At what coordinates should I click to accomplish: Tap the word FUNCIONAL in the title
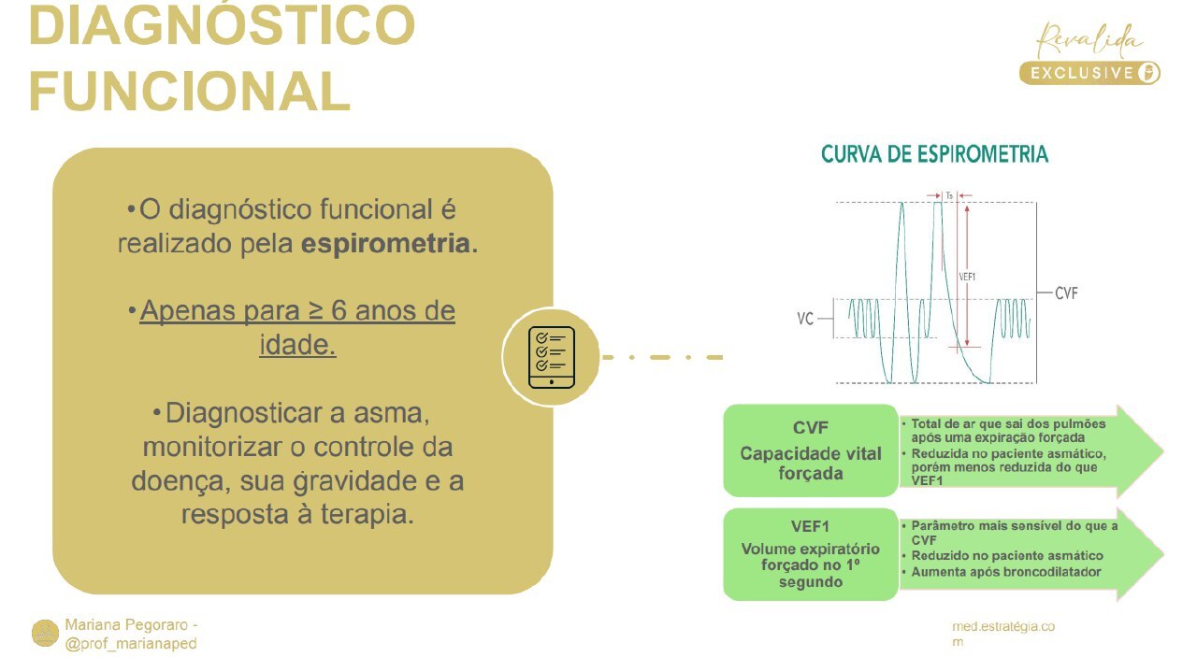click(189, 91)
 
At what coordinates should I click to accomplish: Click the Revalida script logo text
click(1090, 40)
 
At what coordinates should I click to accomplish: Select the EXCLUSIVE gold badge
click(1089, 73)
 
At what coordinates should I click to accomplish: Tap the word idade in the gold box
click(296, 345)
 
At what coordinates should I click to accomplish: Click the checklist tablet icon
click(551, 357)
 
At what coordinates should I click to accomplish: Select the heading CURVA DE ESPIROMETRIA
click(934, 154)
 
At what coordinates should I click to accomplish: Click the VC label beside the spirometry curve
click(804, 319)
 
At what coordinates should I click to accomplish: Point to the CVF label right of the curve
click(1066, 293)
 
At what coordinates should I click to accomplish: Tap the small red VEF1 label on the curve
click(967, 276)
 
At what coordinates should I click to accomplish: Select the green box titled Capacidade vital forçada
click(810, 450)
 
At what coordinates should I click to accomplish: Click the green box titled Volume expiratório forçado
click(810, 554)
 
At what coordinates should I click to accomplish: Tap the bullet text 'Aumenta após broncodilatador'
click(1005, 571)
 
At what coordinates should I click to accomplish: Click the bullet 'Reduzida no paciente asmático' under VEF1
click(1007, 555)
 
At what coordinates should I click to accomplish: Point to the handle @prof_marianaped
click(131, 643)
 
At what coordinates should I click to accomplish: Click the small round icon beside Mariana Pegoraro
click(45, 633)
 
